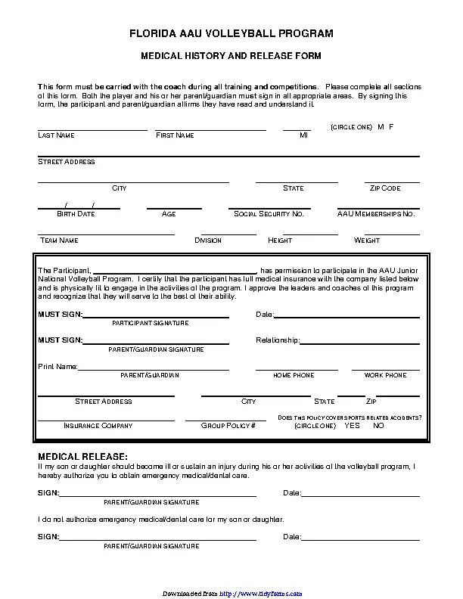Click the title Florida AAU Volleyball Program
click(231, 34)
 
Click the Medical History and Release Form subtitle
click(231, 56)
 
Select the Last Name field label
click(56, 135)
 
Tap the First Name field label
click(175, 135)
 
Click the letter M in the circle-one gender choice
click(381, 126)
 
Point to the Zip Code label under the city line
click(385, 188)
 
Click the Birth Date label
click(76, 214)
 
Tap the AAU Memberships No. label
click(376, 214)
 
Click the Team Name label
click(59, 241)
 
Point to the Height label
click(280, 241)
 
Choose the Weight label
click(367, 241)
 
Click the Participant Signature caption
click(151, 323)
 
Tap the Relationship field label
click(278, 340)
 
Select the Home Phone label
click(294, 375)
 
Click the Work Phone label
click(385, 375)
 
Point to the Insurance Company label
click(98, 426)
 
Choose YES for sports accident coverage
click(352, 426)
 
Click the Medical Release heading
click(82, 457)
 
